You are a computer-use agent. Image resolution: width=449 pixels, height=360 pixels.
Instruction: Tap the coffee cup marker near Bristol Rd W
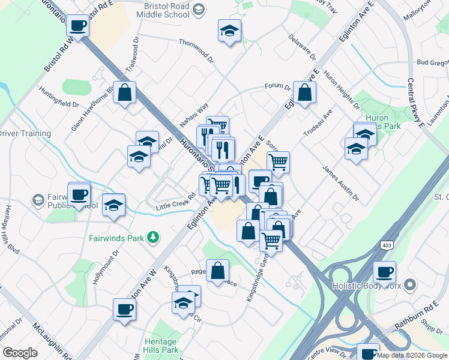(77, 27)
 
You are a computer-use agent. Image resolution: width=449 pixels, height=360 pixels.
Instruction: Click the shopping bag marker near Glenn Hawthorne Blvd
(124, 93)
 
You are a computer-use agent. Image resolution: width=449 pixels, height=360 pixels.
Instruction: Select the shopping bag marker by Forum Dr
(304, 92)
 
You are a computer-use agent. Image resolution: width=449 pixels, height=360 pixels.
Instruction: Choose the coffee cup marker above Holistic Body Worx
(384, 272)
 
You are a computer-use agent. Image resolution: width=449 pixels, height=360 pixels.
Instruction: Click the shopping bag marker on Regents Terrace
(217, 271)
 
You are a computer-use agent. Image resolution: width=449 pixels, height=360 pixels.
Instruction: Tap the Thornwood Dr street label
(197, 50)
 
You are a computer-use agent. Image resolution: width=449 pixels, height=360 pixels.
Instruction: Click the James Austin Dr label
(340, 184)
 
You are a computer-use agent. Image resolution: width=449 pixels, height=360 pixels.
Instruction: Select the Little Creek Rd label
(176, 201)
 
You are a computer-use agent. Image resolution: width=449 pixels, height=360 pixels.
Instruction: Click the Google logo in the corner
(20, 353)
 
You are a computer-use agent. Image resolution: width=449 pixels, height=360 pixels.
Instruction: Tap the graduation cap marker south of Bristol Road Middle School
(229, 31)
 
